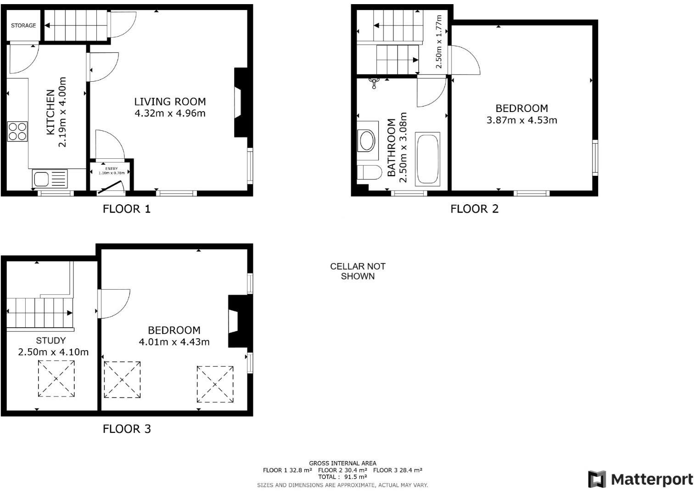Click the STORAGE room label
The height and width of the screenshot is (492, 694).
coord(23,26)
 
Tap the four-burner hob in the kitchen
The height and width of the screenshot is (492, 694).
coord(17,131)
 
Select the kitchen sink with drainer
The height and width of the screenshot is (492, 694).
coord(50,178)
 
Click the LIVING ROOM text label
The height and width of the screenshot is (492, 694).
coord(170,101)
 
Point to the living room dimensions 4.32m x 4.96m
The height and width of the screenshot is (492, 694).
coord(170,113)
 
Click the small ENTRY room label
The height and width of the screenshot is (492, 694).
coord(111,169)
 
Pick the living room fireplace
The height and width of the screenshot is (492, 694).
coord(240,102)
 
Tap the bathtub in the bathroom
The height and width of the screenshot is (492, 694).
coord(427,159)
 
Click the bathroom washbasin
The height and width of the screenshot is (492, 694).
coord(367,140)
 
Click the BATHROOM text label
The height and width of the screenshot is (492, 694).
coord(392,148)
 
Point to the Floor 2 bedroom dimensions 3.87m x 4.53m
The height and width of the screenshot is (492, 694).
coord(521,120)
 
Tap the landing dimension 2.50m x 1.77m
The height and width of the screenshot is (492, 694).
coord(439,42)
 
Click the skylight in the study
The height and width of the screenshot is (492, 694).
coord(56,379)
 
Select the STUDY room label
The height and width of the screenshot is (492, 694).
coord(51,341)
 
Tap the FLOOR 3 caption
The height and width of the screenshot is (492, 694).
coord(127,429)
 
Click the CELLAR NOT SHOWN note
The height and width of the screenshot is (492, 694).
coord(358,271)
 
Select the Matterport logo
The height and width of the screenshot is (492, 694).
coord(640,480)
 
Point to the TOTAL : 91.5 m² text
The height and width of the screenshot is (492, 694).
coord(342,477)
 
